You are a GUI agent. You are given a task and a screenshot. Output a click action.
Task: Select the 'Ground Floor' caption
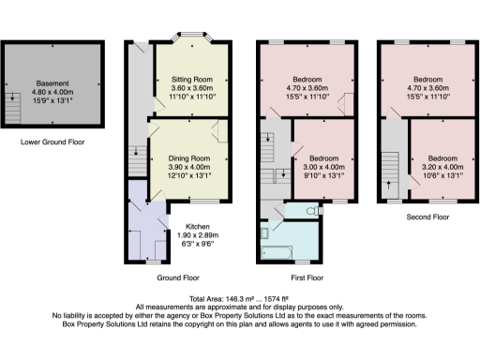(178, 278)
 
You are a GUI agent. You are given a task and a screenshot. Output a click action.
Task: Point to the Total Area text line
(239, 298)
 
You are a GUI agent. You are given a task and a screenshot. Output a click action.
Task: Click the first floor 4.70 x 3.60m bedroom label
(307, 82)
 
